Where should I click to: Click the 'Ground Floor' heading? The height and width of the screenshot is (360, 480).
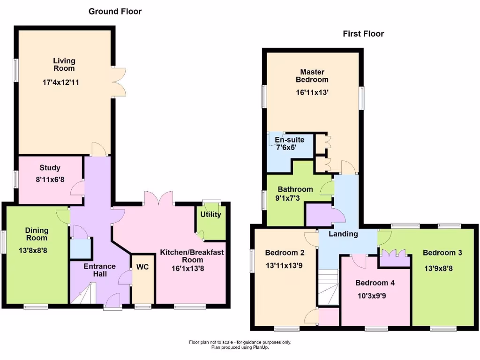pyautogui.click(x=115, y=11)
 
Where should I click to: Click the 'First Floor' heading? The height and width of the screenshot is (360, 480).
pyautogui.click(x=363, y=34)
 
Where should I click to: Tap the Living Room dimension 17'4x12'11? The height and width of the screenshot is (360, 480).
pyautogui.click(x=64, y=82)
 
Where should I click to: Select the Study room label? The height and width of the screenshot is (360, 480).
pyautogui.click(x=50, y=168)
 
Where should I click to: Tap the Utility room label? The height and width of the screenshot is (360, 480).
pyautogui.click(x=210, y=215)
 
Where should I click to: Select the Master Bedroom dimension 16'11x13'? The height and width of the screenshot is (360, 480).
pyautogui.click(x=312, y=93)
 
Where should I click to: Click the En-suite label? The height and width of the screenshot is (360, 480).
pyautogui.click(x=289, y=140)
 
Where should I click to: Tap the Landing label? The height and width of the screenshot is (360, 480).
pyautogui.click(x=343, y=234)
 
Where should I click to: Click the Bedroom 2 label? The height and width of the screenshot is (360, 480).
pyautogui.click(x=285, y=253)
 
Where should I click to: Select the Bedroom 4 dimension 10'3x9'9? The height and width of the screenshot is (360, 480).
pyautogui.click(x=375, y=296)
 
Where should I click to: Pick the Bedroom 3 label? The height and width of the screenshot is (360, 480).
pyautogui.click(x=442, y=253)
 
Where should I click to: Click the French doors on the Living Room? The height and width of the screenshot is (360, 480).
pyautogui.click(x=119, y=82)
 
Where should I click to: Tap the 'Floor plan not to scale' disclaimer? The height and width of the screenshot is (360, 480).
pyautogui.click(x=240, y=342)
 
